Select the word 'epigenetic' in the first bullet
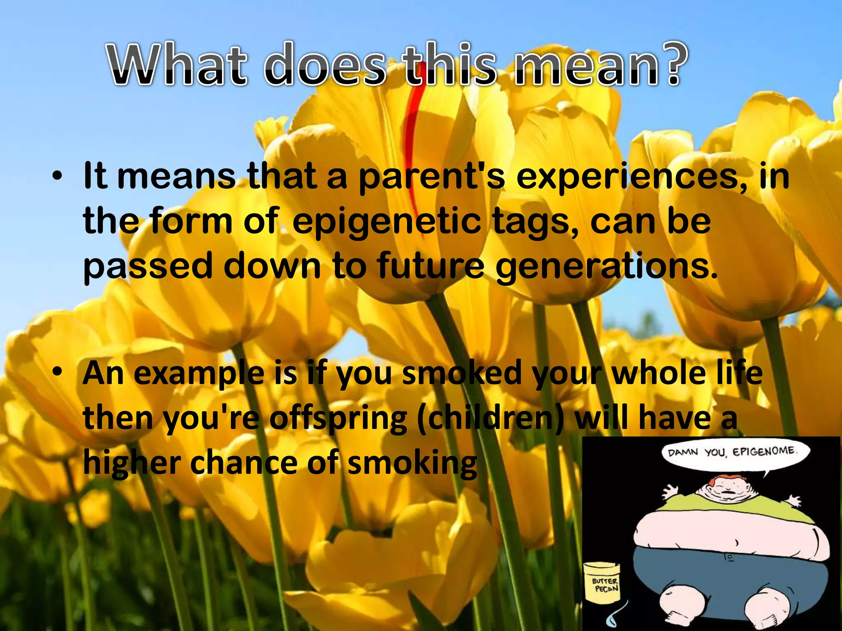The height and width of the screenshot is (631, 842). pyautogui.click(x=386, y=222)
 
